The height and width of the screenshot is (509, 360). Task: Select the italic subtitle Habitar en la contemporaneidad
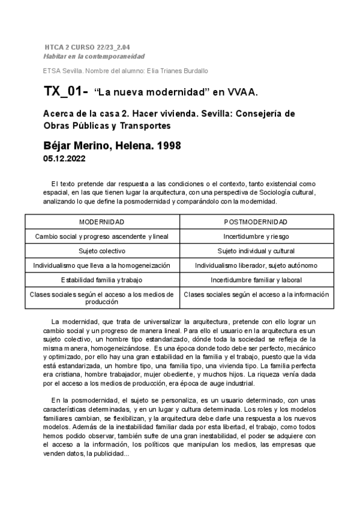(94, 56)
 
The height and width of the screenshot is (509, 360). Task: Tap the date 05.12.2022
(64, 159)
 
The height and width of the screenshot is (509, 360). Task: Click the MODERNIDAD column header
(102, 221)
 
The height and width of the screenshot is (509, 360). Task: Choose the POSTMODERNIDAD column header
(256, 221)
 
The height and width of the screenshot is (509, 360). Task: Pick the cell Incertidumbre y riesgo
(256, 236)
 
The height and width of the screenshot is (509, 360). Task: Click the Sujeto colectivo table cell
(102, 251)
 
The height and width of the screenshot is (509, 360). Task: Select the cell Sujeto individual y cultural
(256, 251)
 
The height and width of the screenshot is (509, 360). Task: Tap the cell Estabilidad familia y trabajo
(102, 280)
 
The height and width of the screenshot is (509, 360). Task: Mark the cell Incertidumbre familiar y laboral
(256, 280)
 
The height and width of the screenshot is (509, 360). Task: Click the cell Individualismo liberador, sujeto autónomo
(256, 265)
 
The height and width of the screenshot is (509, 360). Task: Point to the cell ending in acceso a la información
(256, 295)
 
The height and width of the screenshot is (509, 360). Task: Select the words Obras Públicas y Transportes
(107, 126)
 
